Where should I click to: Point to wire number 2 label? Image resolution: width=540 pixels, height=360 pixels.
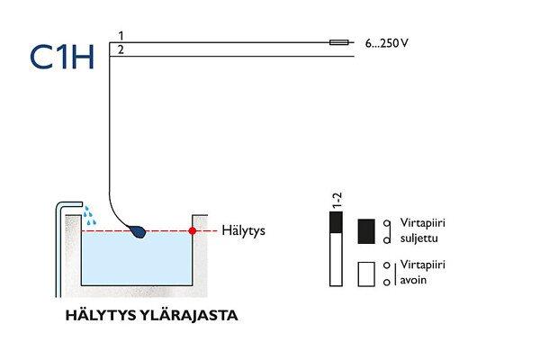point(121,49)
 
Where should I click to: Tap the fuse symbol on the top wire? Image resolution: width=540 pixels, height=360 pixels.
point(340,41)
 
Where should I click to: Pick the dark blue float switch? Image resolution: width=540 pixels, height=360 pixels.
point(139,232)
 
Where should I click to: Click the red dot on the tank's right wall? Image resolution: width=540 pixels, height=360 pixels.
point(193,231)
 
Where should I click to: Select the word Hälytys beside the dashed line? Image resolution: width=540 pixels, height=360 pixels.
point(243,231)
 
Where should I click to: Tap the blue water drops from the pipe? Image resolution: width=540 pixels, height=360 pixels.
point(89,213)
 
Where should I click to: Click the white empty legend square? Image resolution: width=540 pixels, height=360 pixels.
point(366,273)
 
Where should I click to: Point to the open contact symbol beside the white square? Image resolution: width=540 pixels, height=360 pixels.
point(387,274)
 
